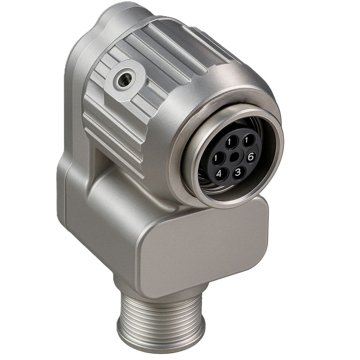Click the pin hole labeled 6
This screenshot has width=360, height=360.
(x=250, y=157)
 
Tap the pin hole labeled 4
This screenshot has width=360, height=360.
(x=219, y=174)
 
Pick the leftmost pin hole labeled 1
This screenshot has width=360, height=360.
(x=216, y=158)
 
